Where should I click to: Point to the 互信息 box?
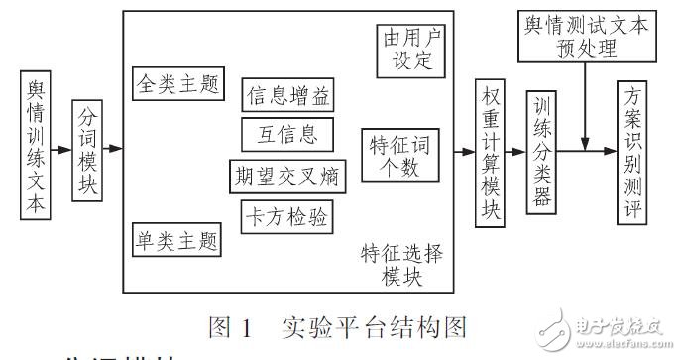(x=287, y=134)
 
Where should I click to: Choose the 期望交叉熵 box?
(x=287, y=176)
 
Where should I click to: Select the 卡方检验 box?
(x=287, y=214)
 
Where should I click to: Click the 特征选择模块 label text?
(x=400, y=266)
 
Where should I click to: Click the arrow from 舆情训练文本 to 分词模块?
(x=60, y=150)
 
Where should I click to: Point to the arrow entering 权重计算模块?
(x=464, y=152)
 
